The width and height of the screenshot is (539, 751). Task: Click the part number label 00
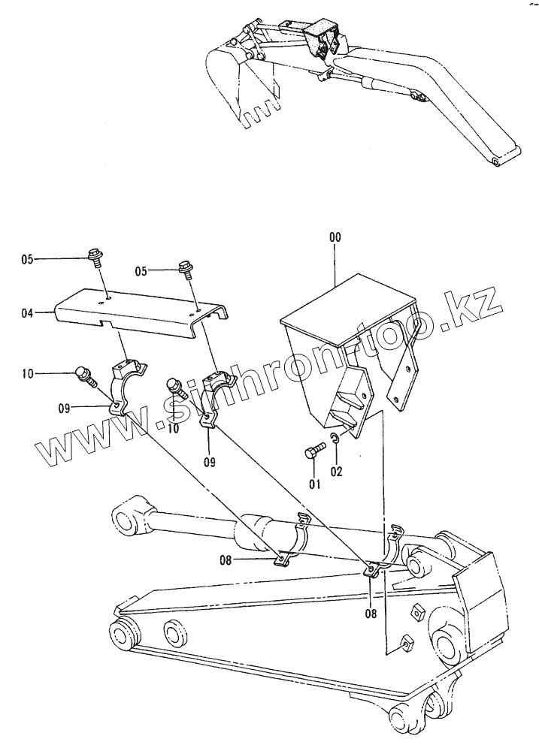[x=335, y=237]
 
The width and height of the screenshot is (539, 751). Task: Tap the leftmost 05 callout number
[x=27, y=260]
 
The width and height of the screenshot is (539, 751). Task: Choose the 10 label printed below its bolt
[x=173, y=429]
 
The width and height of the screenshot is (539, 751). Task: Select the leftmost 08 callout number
[x=226, y=559]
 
